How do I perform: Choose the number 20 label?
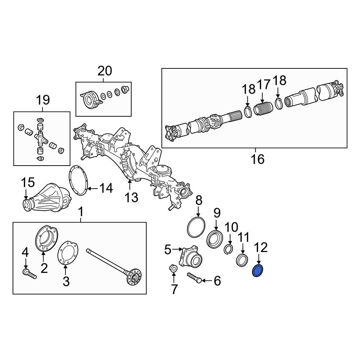(104, 71)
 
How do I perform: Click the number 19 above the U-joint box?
(42, 100)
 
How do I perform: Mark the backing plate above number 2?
(46, 238)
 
